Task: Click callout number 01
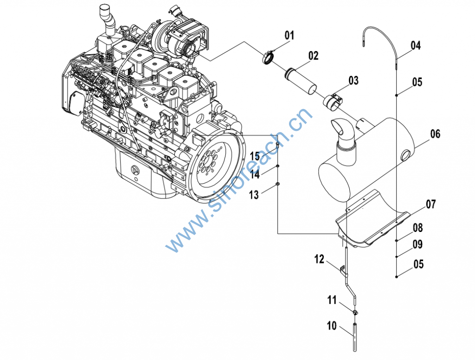point(289,35)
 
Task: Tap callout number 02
point(314,56)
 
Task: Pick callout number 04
point(415,45)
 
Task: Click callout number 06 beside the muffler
point(435,134)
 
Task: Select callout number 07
point(431,204)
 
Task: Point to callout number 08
point(418,228)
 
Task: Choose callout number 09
point(417,244)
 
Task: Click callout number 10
point(331,326)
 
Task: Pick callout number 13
point(254,195)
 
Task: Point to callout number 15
point(254,156)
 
